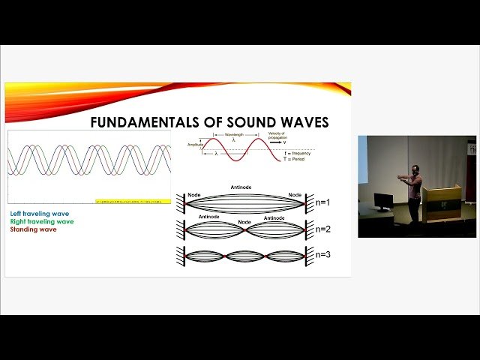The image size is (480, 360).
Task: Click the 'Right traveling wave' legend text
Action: tap(42, 221)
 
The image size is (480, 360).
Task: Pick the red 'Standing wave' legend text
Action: tap(33, 229)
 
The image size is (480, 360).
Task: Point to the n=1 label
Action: tap(323, 202)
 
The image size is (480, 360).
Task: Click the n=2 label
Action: tap(323, 229)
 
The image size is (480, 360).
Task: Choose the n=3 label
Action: tap(323, 255)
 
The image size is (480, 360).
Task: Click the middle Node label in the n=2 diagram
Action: tap(244, 222)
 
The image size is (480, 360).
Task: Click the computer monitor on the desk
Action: tap(383, 201)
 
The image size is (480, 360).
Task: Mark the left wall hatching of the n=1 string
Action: tap(180, 202)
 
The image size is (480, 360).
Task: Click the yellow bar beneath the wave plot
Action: tap(132, 202)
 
